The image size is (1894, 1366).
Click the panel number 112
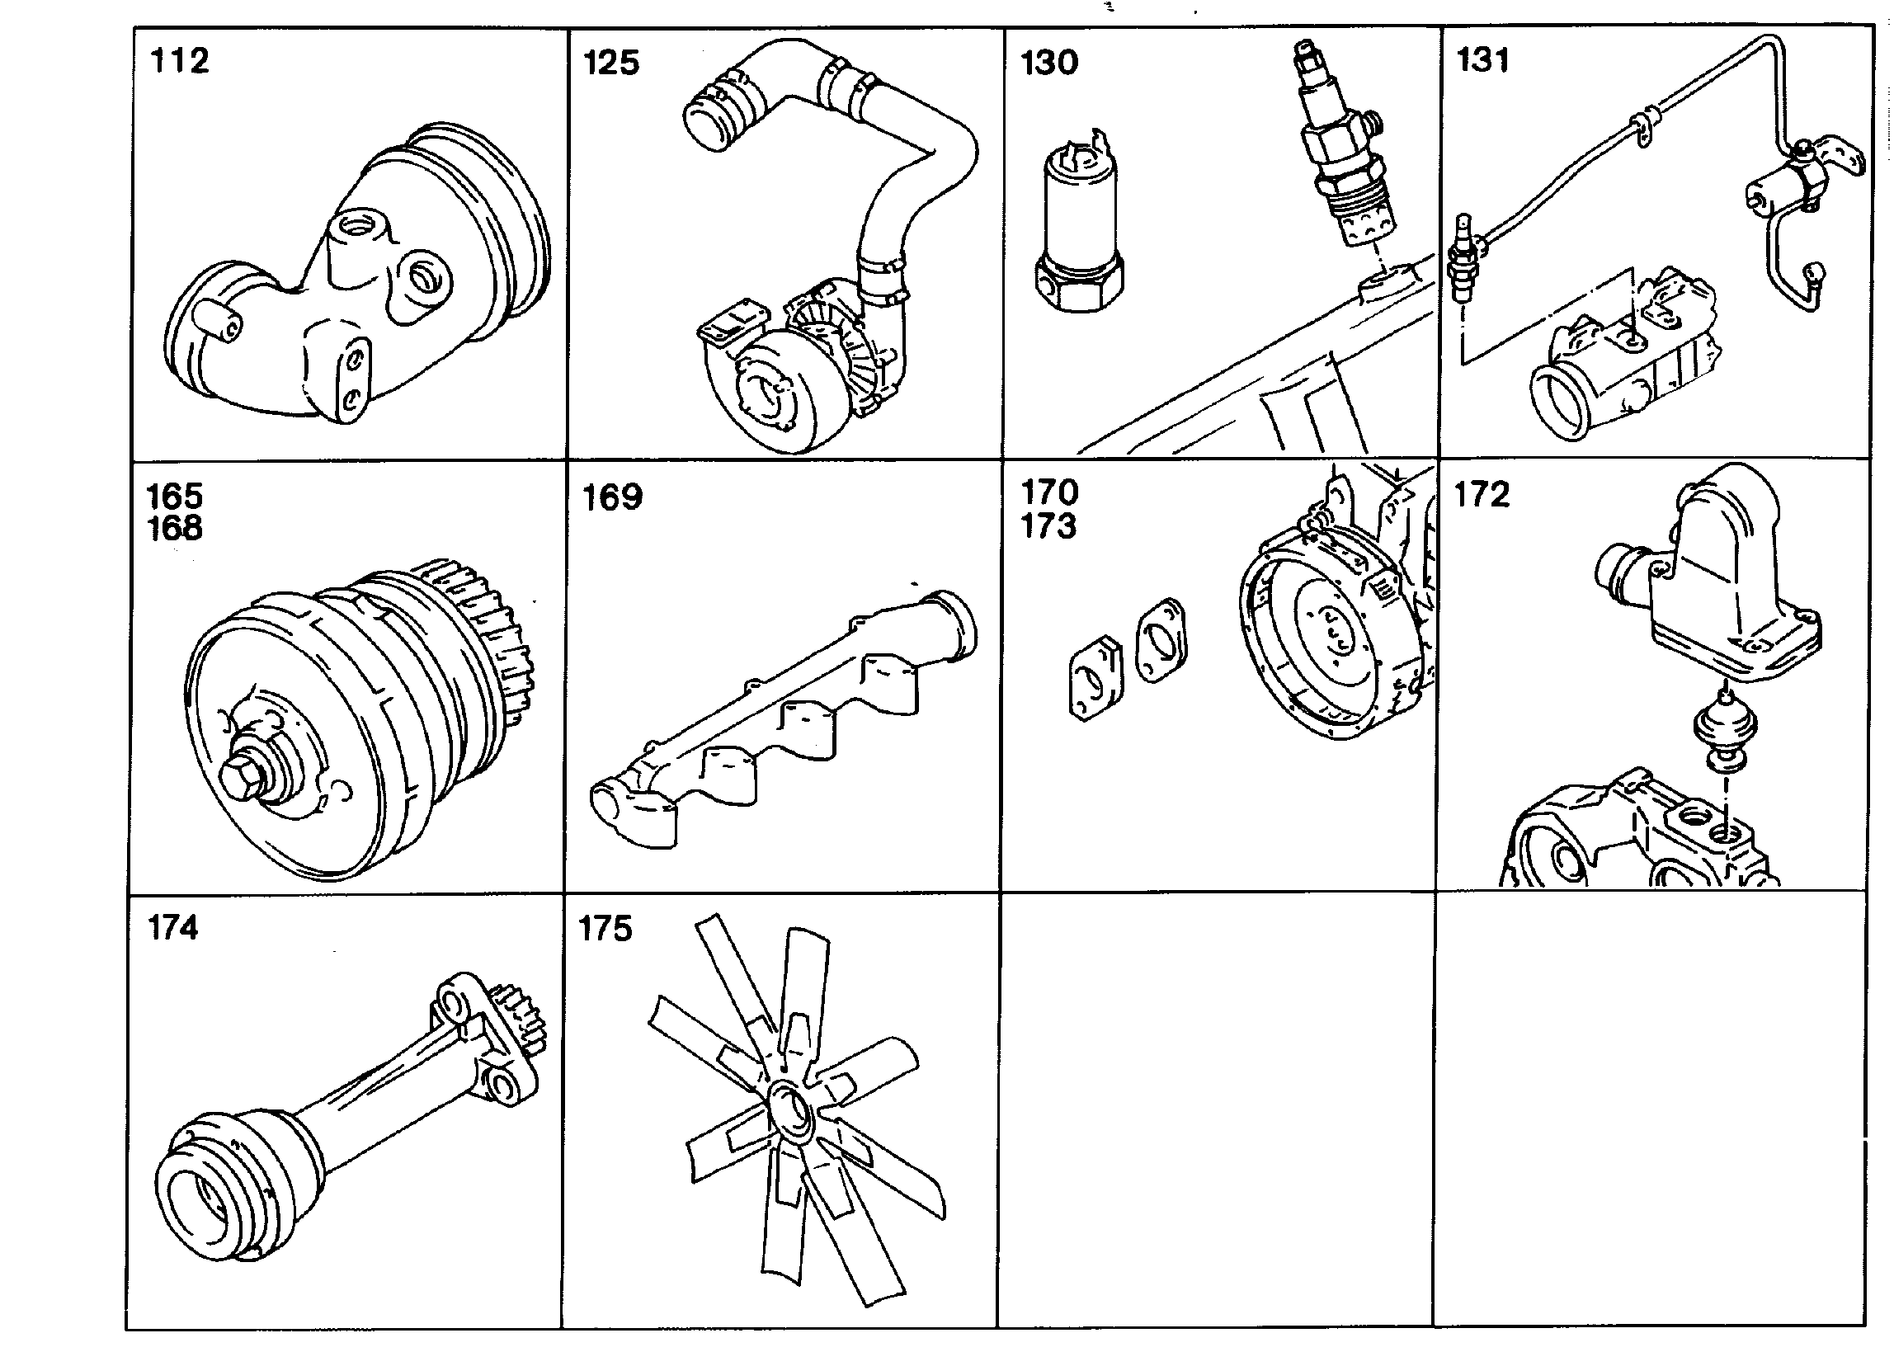click(179, 61)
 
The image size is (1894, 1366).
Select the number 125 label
click(611, 63)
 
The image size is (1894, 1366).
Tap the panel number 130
click(1050, 63)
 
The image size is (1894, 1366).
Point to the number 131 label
click(1483, 60)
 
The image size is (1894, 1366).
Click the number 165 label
click(175, 496)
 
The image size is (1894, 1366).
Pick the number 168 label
click(175, 528)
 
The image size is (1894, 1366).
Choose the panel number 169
click(612, 497)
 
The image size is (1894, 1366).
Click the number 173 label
click(1049, 526)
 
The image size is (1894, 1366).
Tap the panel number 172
click(1482, 494)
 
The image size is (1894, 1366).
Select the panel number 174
click(173, 928)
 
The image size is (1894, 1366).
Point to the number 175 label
click(605, 929)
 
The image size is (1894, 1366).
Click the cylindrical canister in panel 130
click(1080, 225)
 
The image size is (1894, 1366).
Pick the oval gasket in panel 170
click(1162, 640)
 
